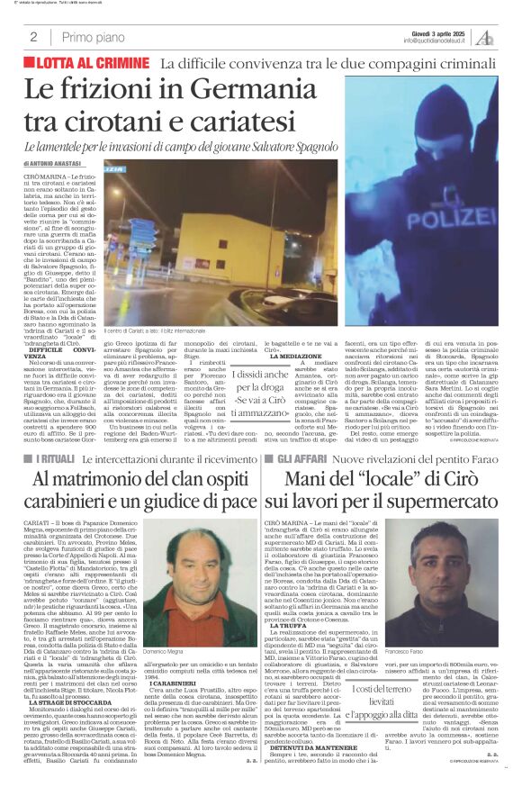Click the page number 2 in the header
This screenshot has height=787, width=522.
[33, 38]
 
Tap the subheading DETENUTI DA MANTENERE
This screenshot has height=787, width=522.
[308, 746]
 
